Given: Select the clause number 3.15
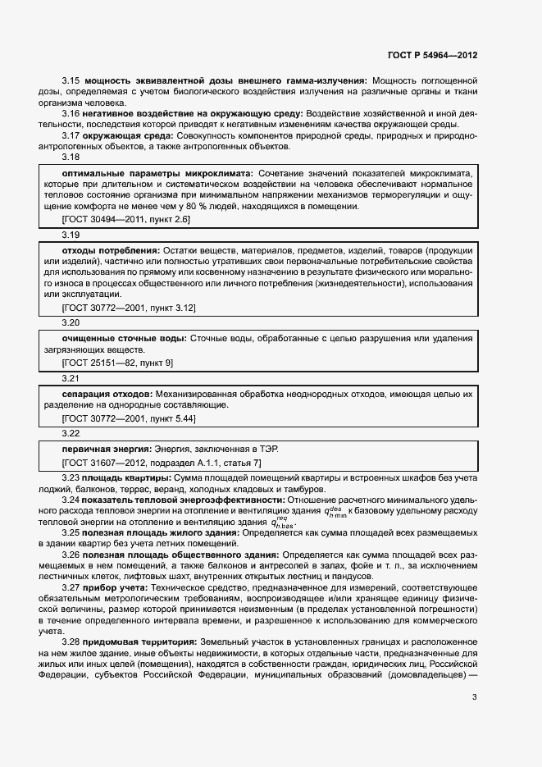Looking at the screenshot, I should (71, 80).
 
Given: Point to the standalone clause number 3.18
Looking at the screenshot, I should (71, 157).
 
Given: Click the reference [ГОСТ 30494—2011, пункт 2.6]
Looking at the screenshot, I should (126, 221).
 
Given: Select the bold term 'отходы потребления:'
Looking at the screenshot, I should (112, 249).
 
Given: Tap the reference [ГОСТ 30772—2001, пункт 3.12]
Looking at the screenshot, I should (129, 307).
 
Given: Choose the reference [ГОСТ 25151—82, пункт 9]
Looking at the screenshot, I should (118, 362).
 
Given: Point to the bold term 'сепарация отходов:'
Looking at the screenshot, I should (107, 394).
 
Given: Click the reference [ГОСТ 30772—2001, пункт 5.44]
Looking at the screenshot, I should (129, 418).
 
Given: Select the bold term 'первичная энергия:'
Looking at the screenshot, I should (105, 449).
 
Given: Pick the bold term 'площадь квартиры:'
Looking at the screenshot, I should (128, 478).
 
